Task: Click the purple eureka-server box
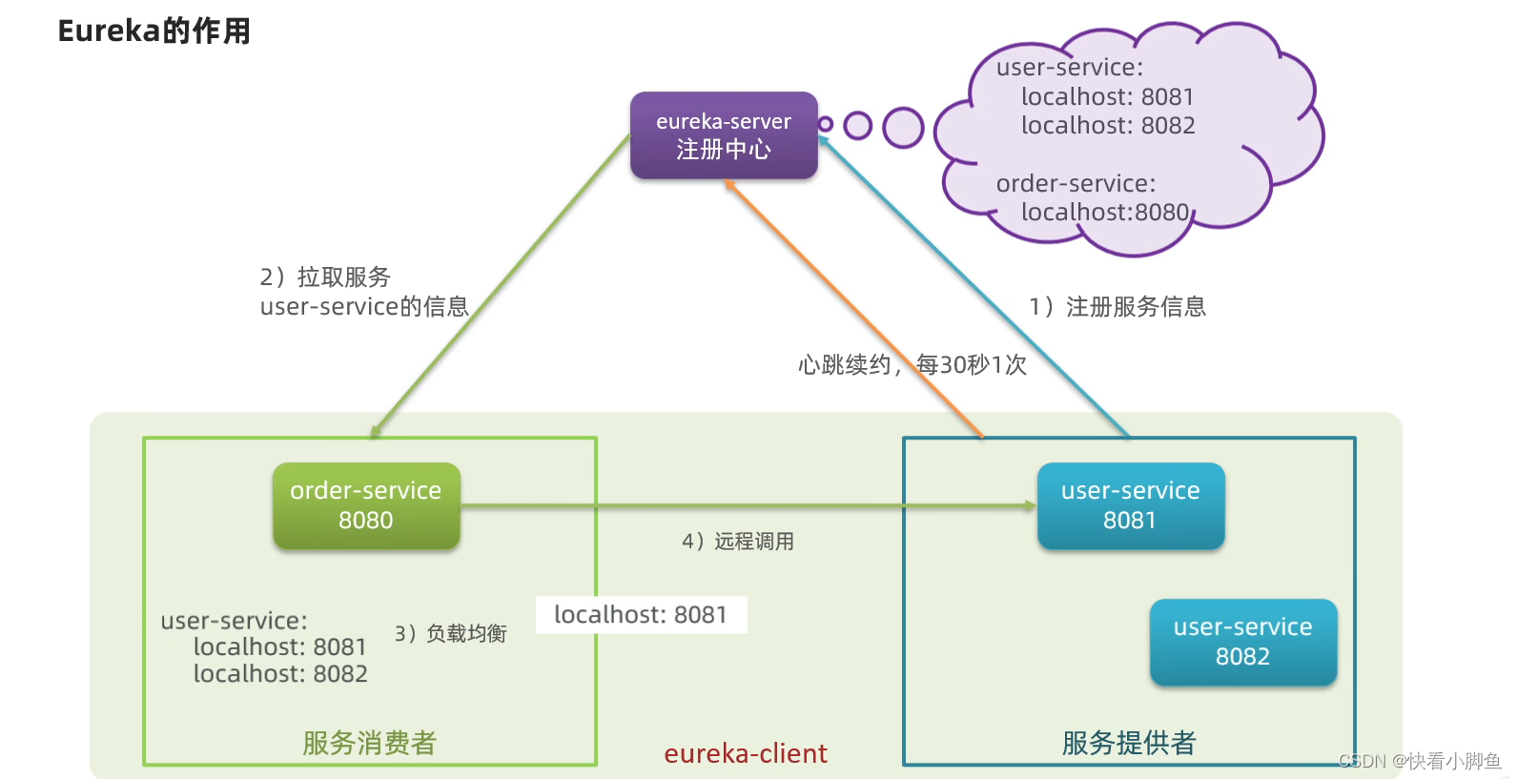(724, 135)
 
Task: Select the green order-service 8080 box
(366, 505)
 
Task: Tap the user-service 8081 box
(1130, 505)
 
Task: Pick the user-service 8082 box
(1242, 642)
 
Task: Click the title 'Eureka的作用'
(154, 31)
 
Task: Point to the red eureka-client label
(746, 753)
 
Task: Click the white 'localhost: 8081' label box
(641, 615)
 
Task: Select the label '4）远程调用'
(738, 542)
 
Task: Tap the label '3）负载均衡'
(451, 633)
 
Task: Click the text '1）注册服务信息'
(1117, 306)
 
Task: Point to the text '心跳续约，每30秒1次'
(912, 364)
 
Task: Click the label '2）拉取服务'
(325, 277)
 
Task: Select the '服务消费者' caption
(369, 743)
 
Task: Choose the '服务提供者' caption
(1129, 743)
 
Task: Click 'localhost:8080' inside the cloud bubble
(1105, 212)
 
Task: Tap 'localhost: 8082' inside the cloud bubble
(1108, 125)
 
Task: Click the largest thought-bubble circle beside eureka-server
(903, 128)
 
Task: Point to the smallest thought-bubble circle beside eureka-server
(826, 124)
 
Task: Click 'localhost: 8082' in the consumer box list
(280, 673)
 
